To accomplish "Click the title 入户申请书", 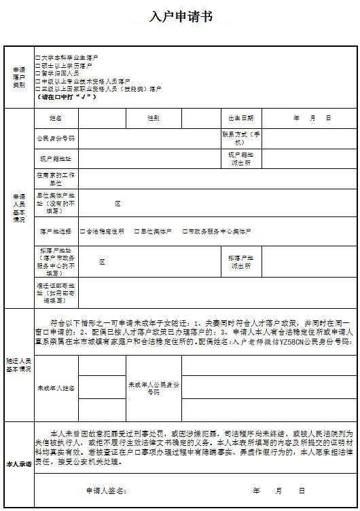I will pyautogui.click(x=181, y=16).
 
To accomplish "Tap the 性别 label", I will pyautogui.click(x=154, y=118).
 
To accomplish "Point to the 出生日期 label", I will pyautogui.click(x=240, y=118).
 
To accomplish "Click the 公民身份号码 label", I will pyautogui.click(x=56, y=138).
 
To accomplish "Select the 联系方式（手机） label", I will pyautogui.click(x=240, y=138).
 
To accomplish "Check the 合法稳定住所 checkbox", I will pyautogui.click(x=83, y=231).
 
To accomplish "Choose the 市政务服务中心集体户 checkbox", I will pyautogui.click(x=185, y=231).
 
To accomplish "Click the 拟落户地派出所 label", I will pyautogui.click(x=240, y=262).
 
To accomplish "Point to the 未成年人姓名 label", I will pyautogui.click(x=56, y=388).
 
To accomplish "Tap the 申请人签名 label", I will pyautogui.click(x=106, y=490).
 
